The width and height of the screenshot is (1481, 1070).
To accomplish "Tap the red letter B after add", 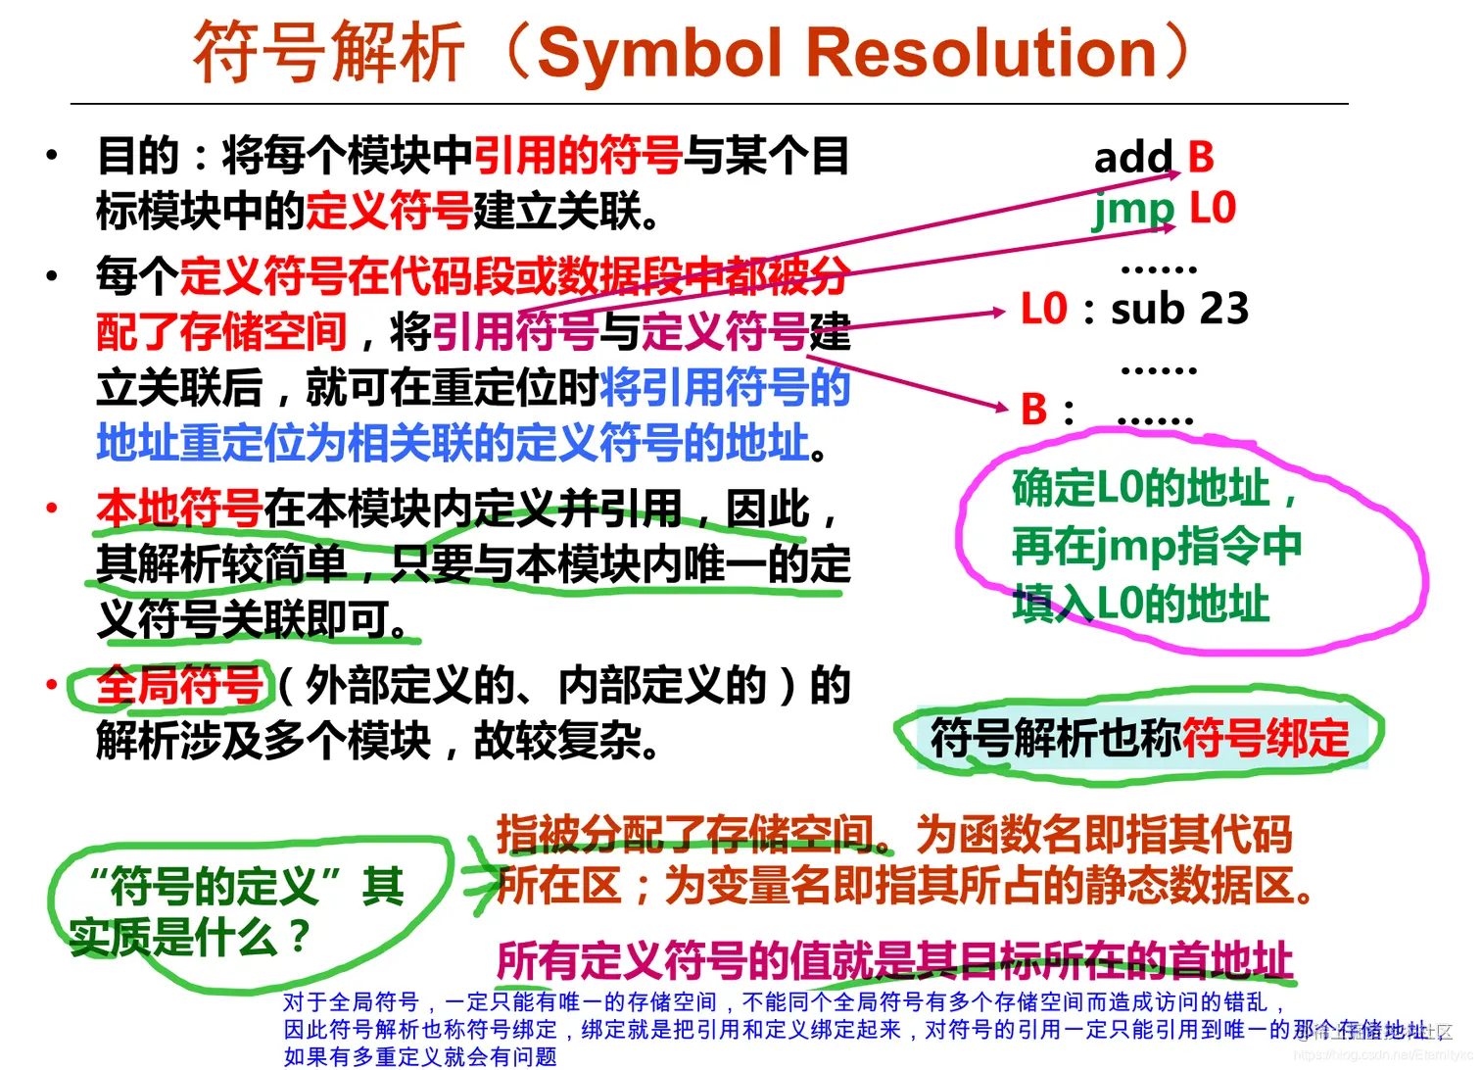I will (x=1201, y=157).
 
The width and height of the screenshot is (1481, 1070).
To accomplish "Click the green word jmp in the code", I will (x=1133, y=209).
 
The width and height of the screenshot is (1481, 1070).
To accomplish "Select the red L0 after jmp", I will (x=1213, y=209).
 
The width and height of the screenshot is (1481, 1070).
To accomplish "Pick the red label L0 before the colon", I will (x=1043, y=310).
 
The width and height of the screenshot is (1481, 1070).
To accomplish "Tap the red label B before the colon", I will (x=1034, y=411).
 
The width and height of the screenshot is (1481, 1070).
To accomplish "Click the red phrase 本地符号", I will (x=179, y=509).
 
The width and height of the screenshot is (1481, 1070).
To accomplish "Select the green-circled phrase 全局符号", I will (x=179, y=685).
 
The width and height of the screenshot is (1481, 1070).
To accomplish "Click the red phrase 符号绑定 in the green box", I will (x=1266, y=738).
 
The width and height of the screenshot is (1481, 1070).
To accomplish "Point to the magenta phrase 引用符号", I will (x=515, y=332).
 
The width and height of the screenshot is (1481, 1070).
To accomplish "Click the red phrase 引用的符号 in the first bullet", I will (x=578, y=156).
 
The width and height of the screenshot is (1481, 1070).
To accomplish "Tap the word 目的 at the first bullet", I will (x=138, y=156).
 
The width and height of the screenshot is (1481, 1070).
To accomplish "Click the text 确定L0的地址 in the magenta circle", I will (x=1141, y=488).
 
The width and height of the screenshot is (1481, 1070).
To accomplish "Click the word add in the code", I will (x=1133, y=157).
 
